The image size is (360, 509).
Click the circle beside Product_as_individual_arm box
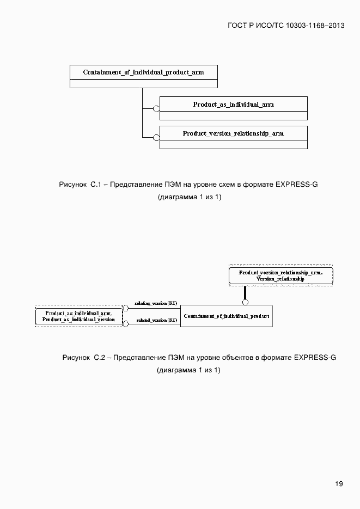(156, 108)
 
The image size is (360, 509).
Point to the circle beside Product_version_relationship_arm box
(156, 137)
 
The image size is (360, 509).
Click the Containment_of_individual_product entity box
(226, 316)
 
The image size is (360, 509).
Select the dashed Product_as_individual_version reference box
(79, 317)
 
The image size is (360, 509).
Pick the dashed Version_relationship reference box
(280, 275)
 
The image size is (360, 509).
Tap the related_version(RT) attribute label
(157, 321)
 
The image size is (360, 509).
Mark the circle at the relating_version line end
(126, 308)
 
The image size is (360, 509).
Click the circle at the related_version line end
(126, 324)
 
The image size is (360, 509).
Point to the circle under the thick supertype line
(245, 302)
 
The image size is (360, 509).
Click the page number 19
(339, 483)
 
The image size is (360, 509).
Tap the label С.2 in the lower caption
(99, 358)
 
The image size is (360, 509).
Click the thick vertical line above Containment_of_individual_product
(245, 292)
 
